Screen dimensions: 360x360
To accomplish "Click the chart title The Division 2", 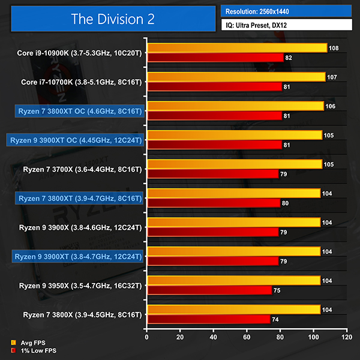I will coord(112,19).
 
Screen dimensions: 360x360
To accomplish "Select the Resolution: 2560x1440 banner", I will coord(286,11).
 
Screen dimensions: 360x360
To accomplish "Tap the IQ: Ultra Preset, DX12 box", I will coord(286,26).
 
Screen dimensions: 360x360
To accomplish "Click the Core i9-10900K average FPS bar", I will coord(237,47).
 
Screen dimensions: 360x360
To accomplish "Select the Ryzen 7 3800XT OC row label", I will coord(80,111).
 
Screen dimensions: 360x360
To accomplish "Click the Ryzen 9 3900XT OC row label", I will coord(75,140).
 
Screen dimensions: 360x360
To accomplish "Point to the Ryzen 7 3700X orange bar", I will coord(235,164).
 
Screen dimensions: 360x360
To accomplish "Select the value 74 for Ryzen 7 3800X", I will coord(275,319).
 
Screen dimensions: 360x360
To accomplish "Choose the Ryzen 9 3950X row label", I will coord(82,285).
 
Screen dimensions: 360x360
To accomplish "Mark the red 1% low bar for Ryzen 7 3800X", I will coord(209,319).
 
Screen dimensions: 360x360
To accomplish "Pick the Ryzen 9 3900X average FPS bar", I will coord(234,222).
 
